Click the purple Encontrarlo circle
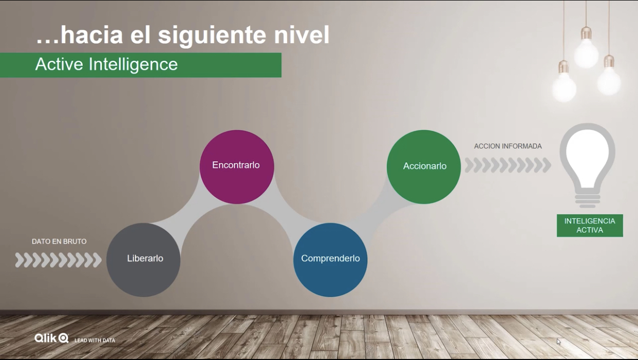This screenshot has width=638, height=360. [237, 167]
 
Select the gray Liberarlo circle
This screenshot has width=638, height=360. [143, 260]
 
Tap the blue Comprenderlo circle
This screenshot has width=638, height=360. [330, 260]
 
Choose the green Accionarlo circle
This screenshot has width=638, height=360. [424, 167]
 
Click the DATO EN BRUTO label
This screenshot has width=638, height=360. [59, 241]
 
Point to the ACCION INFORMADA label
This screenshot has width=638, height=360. [508, 146]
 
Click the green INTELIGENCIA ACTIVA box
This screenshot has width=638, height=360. [590, 225]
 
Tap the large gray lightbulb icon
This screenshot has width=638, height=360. [587, 165]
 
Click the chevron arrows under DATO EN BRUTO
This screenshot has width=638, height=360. [58, 260]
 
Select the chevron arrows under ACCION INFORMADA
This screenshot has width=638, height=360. [508, 165]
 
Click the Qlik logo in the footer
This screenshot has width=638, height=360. [51, 338]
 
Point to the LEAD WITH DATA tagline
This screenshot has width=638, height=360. [95, 340]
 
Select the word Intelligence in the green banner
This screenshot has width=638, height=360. [133, 65]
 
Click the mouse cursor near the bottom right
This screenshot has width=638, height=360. [559, 342]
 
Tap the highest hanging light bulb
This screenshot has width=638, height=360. [586, 48]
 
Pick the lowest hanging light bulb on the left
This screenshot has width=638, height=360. [564, 83]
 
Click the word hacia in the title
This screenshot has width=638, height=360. [92, 35]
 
